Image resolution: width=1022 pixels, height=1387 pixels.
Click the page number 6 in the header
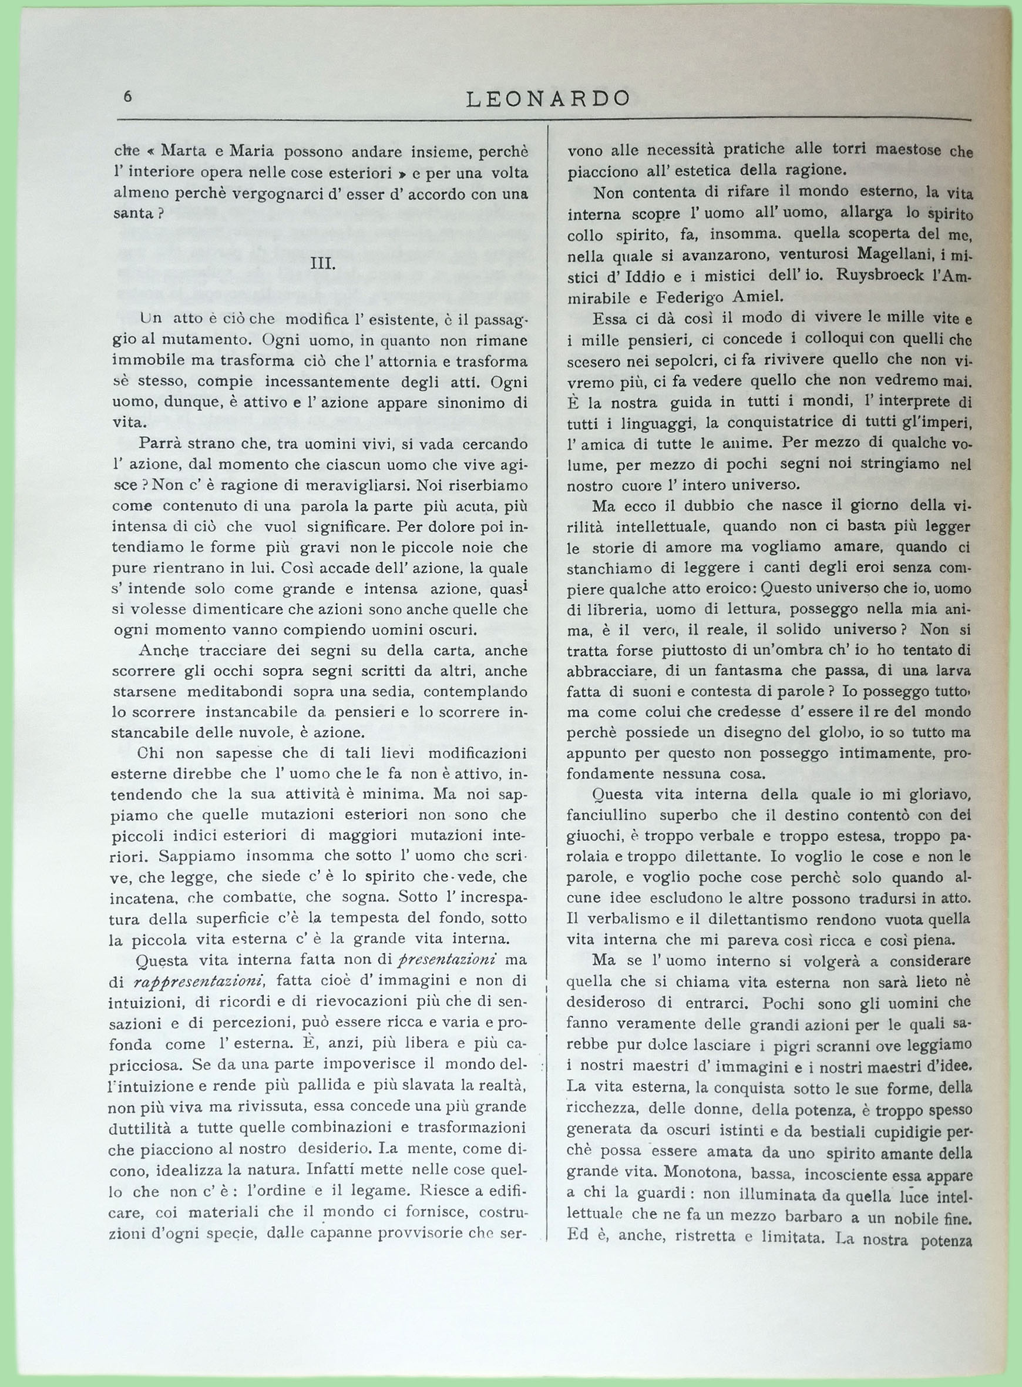[x=127, y=96]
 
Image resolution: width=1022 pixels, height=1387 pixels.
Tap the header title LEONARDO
[x=547, y=98]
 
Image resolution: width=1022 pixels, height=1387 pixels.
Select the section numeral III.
[x=322, y=263]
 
